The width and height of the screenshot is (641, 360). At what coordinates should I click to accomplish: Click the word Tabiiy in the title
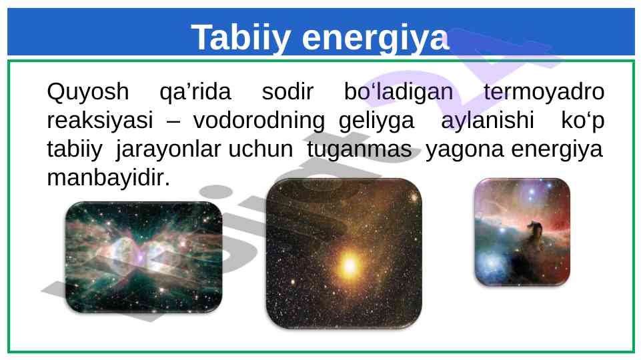coord(241,38)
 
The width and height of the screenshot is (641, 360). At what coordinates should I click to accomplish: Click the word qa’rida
coord(195,91)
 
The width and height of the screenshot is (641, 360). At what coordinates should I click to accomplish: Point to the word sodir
coord(287,91)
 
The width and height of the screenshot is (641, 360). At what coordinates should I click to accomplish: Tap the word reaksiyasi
coord(100,121)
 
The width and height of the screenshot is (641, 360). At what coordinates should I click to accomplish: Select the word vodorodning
coord(259,121)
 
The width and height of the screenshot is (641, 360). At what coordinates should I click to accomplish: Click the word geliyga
coord(376,121)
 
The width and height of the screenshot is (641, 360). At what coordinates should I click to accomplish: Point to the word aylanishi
coord(488,121)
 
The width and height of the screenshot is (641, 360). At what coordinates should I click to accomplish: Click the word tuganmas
coord(360,149)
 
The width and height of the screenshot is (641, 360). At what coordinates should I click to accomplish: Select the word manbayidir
coord(108,178)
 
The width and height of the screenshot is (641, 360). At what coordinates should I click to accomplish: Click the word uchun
coord(261,149)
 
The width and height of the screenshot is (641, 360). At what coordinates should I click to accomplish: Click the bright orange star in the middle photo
coord(350,265)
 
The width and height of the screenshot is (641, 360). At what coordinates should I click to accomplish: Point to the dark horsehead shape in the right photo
coord(532,237)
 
